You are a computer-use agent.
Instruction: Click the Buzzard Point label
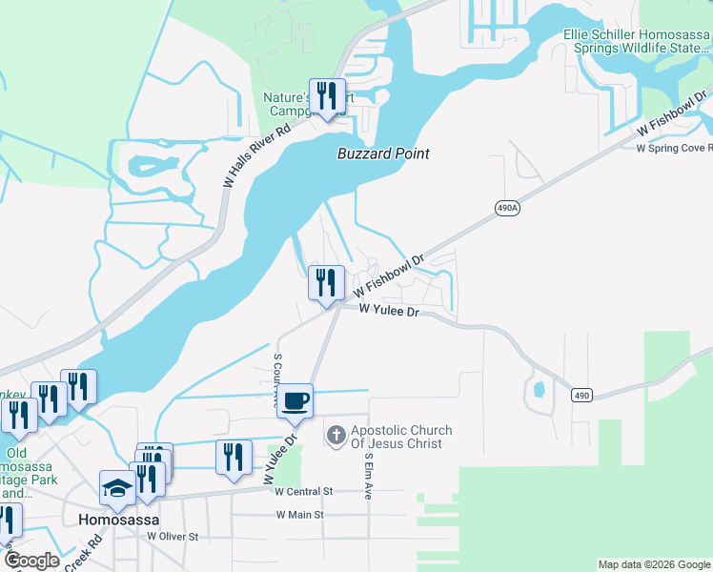point(383,153)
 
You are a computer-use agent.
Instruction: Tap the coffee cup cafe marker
point(296,400)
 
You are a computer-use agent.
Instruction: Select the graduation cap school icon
point(118,488)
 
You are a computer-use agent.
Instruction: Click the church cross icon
point(335,437)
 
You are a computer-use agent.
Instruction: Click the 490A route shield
point(509,207)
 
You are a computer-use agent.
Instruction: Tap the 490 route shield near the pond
point(583,394)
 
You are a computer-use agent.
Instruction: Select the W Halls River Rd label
point(255,157)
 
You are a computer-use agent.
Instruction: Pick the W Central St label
point(303,492)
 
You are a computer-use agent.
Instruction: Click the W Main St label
point(300,515)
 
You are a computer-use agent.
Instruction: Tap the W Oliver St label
point(172,537)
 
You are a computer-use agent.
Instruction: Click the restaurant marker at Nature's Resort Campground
point(327,96)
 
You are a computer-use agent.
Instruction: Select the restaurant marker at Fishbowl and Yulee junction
point(326,283)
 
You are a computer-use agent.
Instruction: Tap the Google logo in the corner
point(31,561)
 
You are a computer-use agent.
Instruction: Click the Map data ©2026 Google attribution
point(653,564)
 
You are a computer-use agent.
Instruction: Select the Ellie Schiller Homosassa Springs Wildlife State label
point(636,41)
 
